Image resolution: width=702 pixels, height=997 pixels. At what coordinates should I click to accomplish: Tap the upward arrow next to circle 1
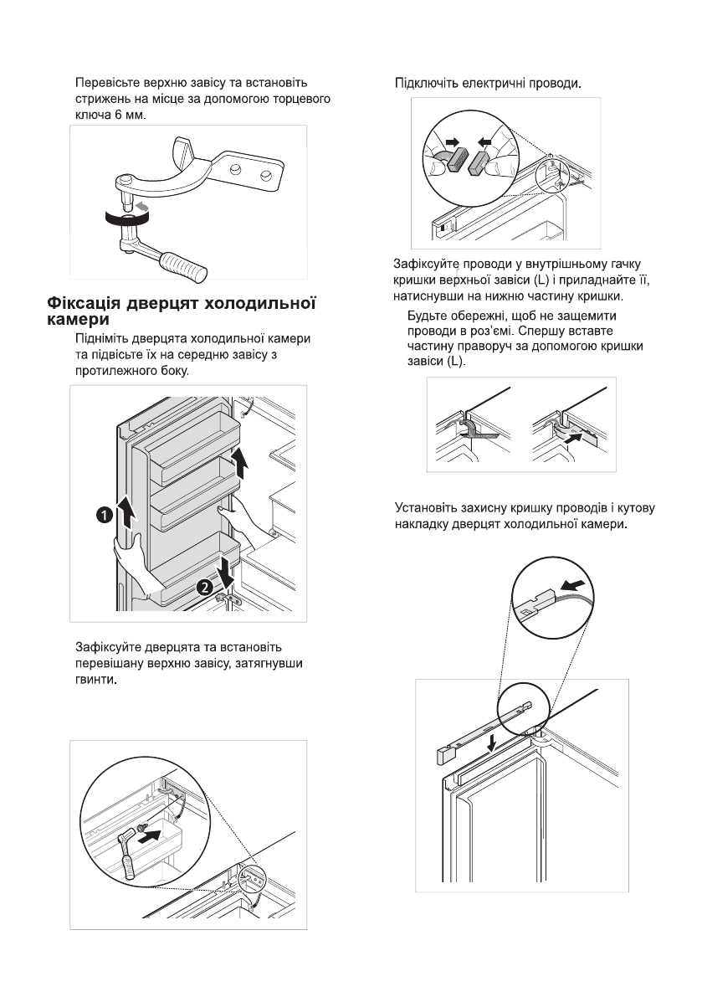coord(126,521)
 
